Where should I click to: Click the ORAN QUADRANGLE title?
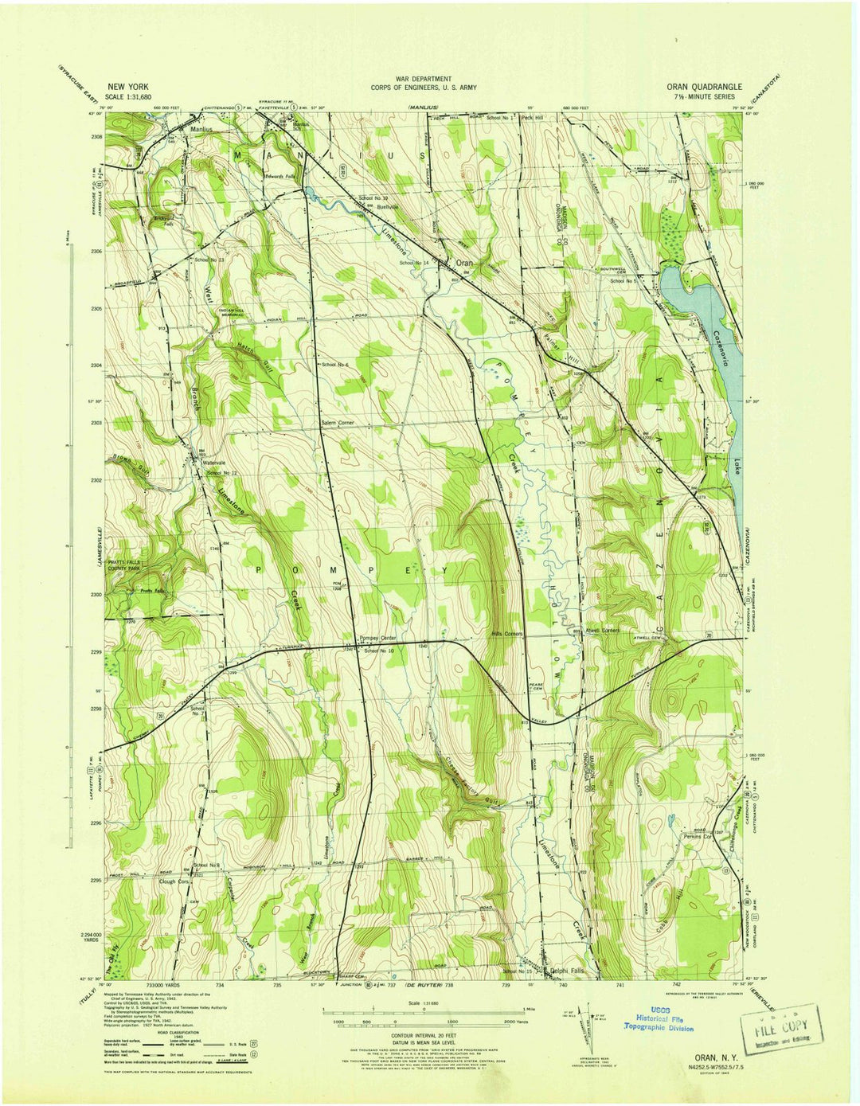click(705, 87)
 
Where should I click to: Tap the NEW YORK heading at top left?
click(127, 87)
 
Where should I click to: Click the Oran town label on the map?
click(463, 262)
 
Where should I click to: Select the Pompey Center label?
click(378, 639)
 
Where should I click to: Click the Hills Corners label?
click(506, 634)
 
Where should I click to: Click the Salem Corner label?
click(337, 422)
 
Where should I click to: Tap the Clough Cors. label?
click(174, 881)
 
